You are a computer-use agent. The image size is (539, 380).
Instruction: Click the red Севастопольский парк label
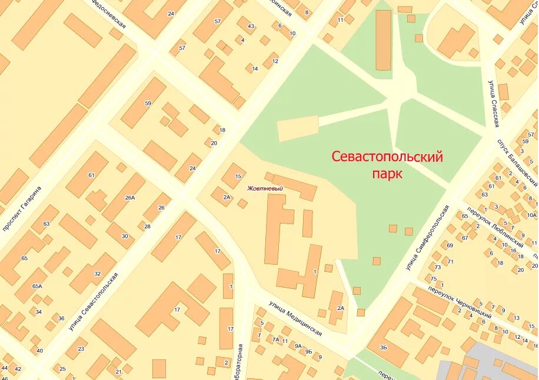click(x=387, y=165)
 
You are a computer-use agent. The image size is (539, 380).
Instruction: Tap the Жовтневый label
click(x=265, y=188)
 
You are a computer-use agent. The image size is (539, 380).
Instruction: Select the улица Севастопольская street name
click(x=94, y=301)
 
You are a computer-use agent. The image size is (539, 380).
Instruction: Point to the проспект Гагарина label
click(x=22, y=209)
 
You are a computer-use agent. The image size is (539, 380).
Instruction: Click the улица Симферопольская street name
click(x=427, y=238)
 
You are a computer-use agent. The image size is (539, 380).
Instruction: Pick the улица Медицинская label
click(x=295, y=319)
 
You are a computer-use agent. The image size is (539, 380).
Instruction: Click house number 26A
click(x=130, y=198)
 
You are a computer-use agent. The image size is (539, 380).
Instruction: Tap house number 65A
click(x=37, y=286)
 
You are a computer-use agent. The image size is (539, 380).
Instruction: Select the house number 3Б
click(x=384, y=348)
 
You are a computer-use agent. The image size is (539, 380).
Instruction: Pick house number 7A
click(x=275, y=339)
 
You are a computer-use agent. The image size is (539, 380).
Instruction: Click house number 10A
click(x=531, y=215)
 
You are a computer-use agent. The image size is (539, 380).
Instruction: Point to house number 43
click(x=251, y=26)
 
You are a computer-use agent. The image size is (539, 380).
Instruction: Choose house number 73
click(x=438, y=268)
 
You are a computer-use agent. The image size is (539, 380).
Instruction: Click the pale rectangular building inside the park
click(x=298, y=128)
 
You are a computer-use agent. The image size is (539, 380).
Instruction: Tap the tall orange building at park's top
click(x=383, y=40)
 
